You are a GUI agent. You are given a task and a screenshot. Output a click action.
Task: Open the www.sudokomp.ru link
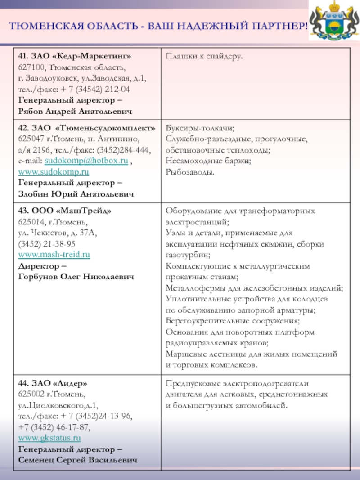point(54,172)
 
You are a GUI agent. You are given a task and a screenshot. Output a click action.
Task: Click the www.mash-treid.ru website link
point(54,255)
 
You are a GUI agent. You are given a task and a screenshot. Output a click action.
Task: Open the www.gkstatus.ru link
point(49,438)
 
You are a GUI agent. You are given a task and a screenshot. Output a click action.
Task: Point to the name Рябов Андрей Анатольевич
point(75,111)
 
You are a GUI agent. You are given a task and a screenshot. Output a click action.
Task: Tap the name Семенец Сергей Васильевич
point(78,460)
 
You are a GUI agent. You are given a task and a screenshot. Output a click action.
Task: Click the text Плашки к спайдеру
point(204,56)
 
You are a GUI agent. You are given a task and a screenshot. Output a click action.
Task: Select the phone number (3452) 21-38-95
point(47,244)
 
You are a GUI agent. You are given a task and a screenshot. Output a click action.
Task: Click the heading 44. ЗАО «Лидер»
point(53,384)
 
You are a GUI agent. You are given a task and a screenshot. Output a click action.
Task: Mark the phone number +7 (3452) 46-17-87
point(54,427)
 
